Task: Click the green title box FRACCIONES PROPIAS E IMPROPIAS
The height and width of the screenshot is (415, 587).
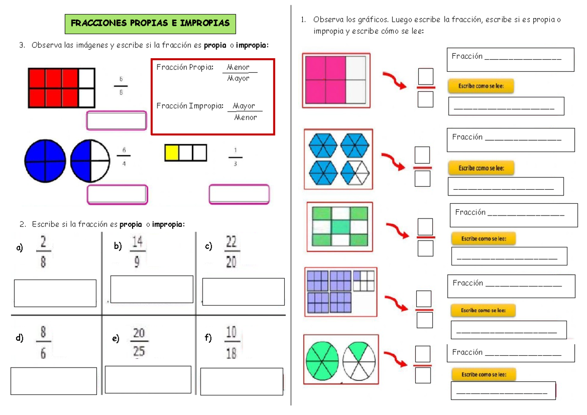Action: click(150, 24)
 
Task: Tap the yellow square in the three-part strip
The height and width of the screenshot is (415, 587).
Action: click(172, 153)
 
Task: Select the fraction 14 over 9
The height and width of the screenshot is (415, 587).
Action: click(137, 251)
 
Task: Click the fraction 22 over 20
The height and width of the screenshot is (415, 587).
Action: click(232, 251)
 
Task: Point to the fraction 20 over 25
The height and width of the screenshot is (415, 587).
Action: click(139, 342)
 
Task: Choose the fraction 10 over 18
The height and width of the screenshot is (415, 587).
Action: click(232, 342)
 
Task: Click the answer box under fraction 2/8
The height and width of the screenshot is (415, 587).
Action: click(55, 293)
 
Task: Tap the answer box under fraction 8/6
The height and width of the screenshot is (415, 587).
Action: click(54, 381)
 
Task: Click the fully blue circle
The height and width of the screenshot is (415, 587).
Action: click(45, 161)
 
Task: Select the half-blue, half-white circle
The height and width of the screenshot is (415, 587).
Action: click(90, 161)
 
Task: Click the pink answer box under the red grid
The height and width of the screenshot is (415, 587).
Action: click(116, 120)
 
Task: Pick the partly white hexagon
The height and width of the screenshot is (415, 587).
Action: click(355, 173)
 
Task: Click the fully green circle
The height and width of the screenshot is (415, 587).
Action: click(322, 361)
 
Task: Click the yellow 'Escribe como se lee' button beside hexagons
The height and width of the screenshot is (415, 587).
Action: click(481, 168)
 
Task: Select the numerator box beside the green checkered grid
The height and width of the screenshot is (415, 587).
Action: click(425, 226)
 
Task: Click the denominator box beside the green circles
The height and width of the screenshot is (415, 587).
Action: click(423, 375)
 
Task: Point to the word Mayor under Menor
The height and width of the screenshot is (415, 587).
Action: click(238, 78)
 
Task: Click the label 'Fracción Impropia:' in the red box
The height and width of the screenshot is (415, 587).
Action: click(190, 106)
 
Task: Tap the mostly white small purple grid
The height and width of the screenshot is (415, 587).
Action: click(364, 281)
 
